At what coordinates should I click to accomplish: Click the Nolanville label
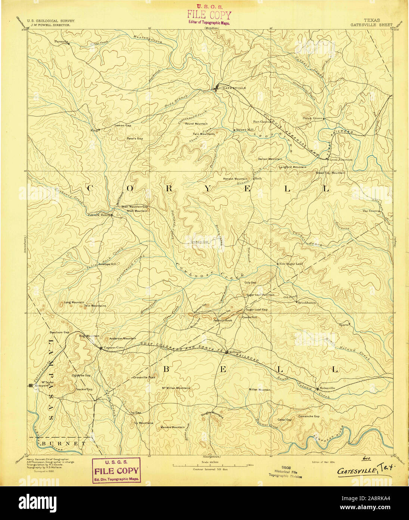click(327, 388)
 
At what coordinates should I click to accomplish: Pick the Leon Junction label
click(341, 159)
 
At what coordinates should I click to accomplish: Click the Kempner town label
click(39, 385)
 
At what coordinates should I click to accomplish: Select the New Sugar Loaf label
click(291, 264)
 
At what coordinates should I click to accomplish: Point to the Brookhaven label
click(307, 302)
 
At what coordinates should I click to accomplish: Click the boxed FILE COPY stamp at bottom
click(116, 471)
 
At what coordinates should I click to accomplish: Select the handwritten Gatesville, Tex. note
click(364, 470)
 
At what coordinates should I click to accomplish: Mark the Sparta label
click(344, 325)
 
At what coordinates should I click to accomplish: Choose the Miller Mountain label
click(260, 389)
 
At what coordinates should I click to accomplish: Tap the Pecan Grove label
click(312, 118)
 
